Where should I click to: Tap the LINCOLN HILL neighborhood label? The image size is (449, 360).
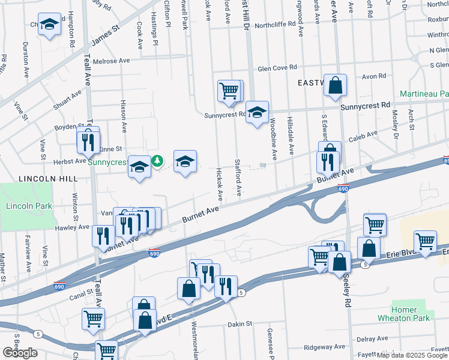click(x=40, y=179)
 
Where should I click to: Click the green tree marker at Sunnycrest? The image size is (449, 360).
click(x=157, y=161)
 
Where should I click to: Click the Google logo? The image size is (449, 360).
click(x=20, y=353)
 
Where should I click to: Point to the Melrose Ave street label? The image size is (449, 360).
click(x=111, y=61)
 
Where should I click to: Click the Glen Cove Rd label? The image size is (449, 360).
click(x=277, y=69)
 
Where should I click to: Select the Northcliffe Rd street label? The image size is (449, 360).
click(x=276, y=26)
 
